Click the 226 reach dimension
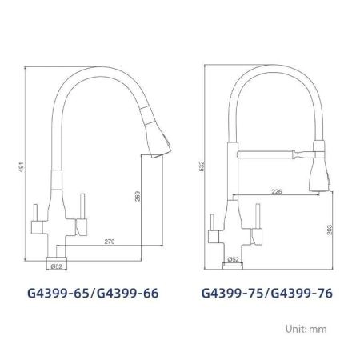click(x=276, y=191)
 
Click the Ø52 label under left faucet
click(x=58, y=266)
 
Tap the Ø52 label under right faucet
click(x=234, y=260)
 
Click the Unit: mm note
click(x=308, y=328)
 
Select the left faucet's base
click(x=56, y=258)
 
